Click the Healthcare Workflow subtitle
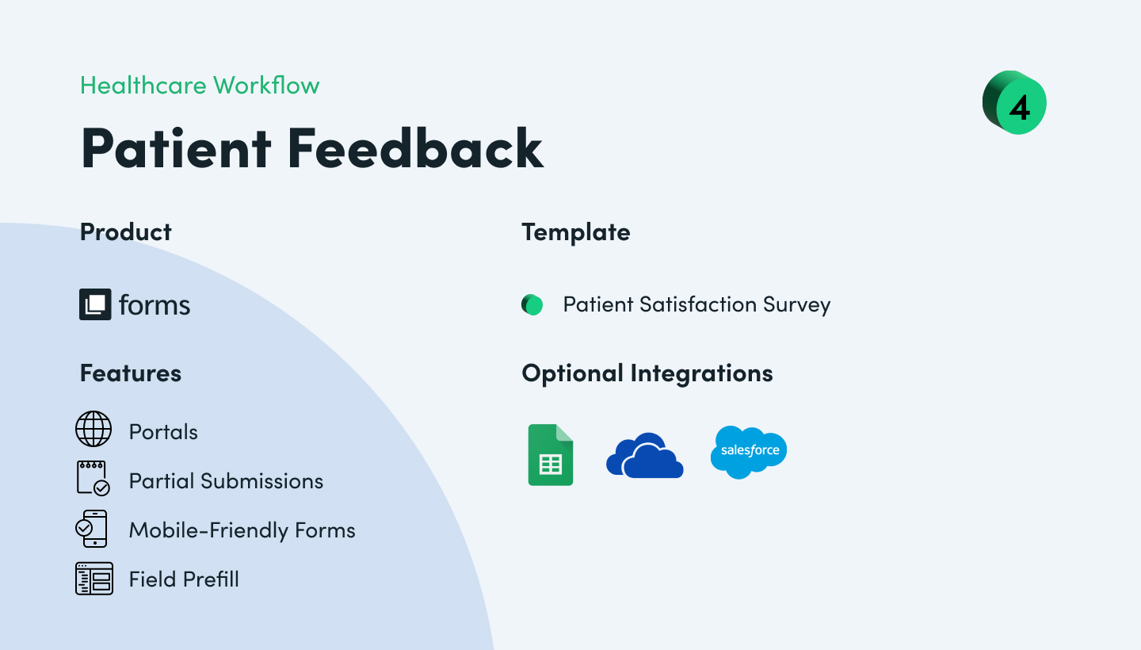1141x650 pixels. coord(200,86)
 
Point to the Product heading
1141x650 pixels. coord(126,232)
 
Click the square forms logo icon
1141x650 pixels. coord(95,304)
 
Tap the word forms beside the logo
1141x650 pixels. coord(155,305)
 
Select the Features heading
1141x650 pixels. coord(131,373)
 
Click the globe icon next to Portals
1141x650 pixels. coord(93,430)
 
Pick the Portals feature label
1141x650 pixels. coord(163,432)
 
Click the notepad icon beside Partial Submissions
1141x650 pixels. coord(93,479)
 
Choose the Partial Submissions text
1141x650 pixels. coord(226,481)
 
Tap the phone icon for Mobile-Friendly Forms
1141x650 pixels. coord(92,529)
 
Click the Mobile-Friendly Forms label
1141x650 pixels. coord(242,530)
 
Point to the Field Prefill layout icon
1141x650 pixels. coord(93,579)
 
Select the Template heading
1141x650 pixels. coord(576,232)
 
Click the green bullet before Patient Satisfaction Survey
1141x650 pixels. coord(532,304)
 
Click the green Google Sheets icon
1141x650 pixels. coord(551,455)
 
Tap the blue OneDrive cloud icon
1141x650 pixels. coord(644,456)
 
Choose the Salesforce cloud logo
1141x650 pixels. coord(748,452)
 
